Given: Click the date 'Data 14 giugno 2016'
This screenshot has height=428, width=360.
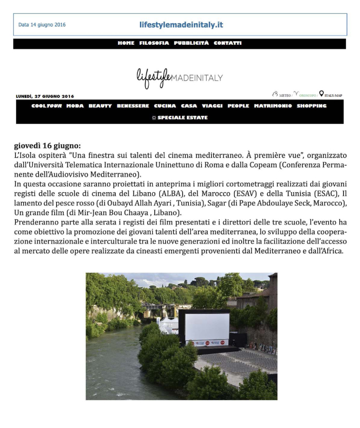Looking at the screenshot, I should (42, 25).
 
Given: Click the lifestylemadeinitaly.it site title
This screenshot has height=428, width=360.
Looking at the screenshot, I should (181, 25).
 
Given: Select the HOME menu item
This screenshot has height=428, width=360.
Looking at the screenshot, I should (126, 43).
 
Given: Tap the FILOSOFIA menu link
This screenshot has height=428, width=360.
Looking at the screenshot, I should (154, 43).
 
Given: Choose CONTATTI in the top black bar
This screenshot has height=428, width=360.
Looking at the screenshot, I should (227, 43).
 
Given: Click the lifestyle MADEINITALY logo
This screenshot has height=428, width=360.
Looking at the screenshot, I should (179, 77).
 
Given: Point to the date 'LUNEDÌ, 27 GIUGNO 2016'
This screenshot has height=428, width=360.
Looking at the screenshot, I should (45, 96).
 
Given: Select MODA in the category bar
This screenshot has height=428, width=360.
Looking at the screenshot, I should (75, 106).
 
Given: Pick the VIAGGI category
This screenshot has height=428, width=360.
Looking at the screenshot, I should (212, 106).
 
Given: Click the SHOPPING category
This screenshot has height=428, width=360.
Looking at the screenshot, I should (312, 106).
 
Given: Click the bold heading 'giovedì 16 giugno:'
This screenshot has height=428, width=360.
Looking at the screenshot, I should (47, 146).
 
